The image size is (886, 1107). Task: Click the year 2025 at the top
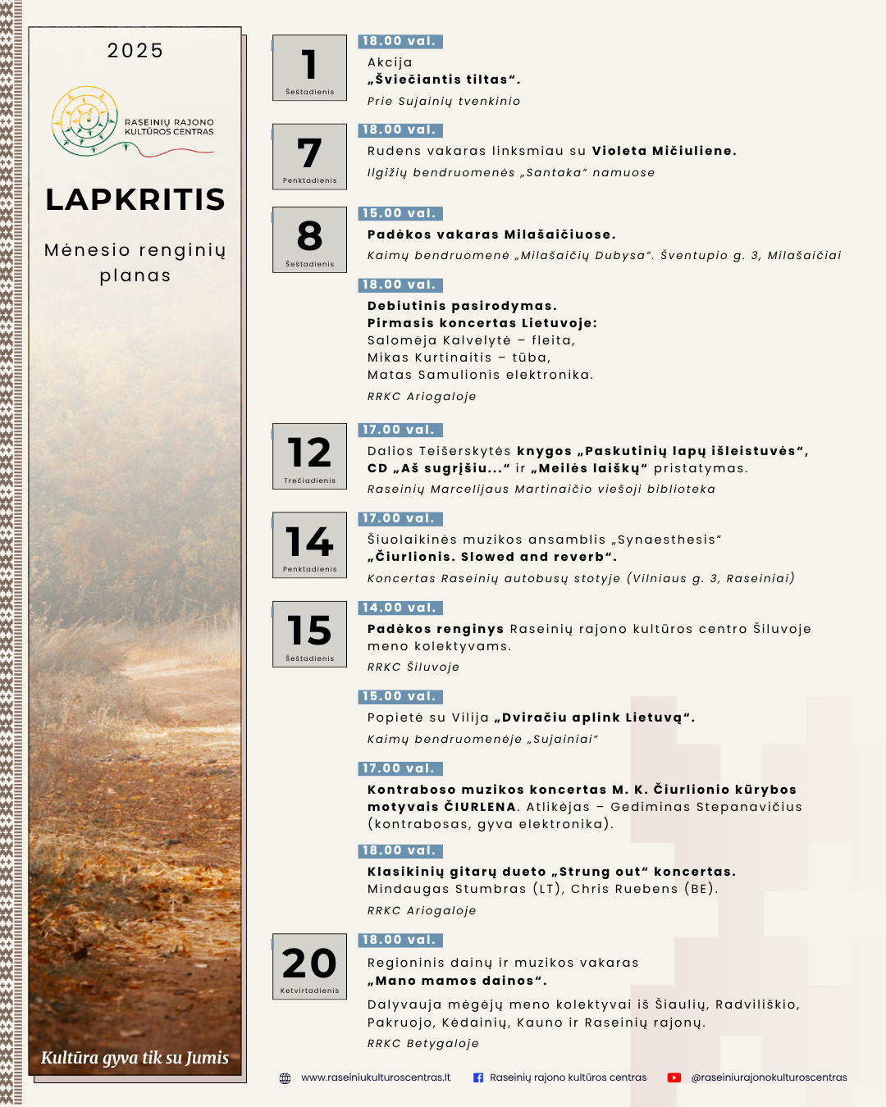135,51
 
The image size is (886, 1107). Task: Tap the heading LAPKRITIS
135,199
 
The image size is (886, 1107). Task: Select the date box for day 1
309,68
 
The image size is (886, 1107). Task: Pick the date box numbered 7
309,157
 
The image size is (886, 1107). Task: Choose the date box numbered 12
309,456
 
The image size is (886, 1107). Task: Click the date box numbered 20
309,966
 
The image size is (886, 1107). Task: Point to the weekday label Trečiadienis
309,481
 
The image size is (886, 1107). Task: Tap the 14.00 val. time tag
400,608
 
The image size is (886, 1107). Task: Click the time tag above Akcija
400,41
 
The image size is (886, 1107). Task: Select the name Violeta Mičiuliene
664,151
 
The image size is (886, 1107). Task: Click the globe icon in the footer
285,1078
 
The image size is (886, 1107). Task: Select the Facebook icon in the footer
478,1078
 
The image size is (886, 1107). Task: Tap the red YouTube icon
674,1078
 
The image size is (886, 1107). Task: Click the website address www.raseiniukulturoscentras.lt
376,1077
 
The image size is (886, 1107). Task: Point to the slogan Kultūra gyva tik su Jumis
135,1058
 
